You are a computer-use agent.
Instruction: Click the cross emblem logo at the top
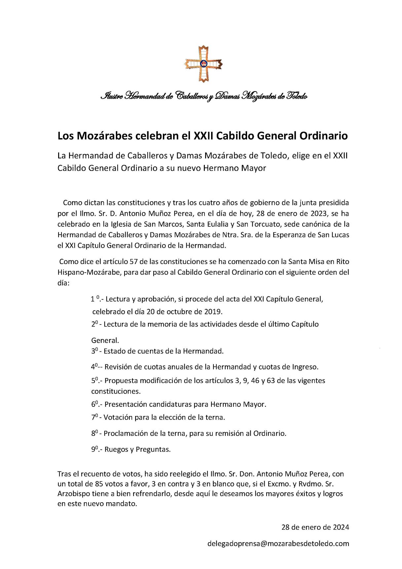pyautogui.click(x=203, y=64)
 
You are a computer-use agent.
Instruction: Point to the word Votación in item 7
pyautogui.click(x=118, y=417)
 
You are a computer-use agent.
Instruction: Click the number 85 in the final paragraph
pyautogui.click(x=99, y=484)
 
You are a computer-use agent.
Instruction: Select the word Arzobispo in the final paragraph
pyautogui.click(x=73, y=494)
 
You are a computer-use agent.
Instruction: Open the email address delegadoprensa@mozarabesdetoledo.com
pyautogui.click(x=278, y=544)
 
